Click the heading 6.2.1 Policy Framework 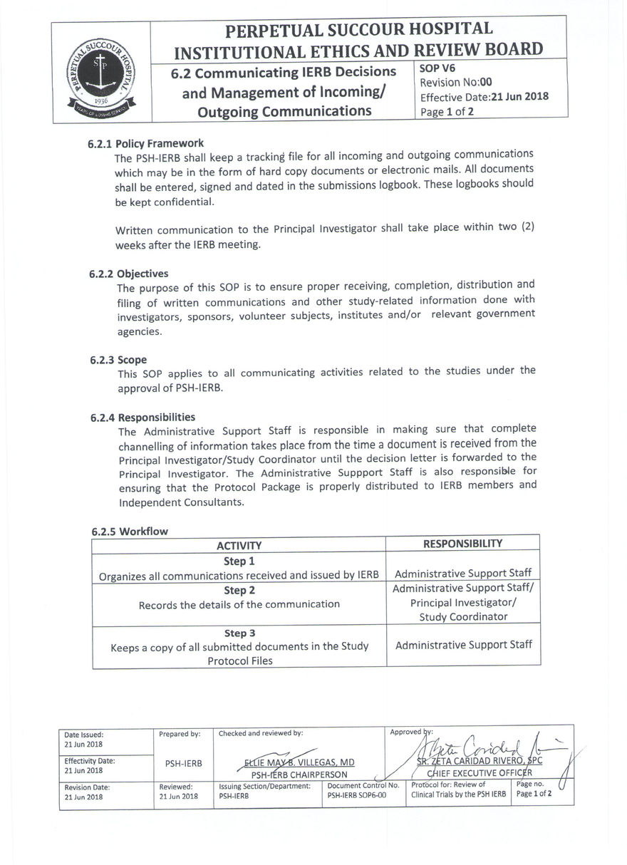tap(147, 143)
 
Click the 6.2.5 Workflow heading tap(130, 532)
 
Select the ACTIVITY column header tap(239, 546)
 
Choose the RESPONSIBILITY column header tap(462, 544)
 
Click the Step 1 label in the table tap(239, 561)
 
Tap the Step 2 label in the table tap(239, 591)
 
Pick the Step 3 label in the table tap(239, 633)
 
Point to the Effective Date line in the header tap(484, 98)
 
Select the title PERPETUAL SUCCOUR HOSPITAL tap(358, 30)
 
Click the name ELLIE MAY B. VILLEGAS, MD tap(299, 762)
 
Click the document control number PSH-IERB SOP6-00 tap(356, 794)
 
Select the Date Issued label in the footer tap(83, 735)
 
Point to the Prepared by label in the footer tap(180, 734)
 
